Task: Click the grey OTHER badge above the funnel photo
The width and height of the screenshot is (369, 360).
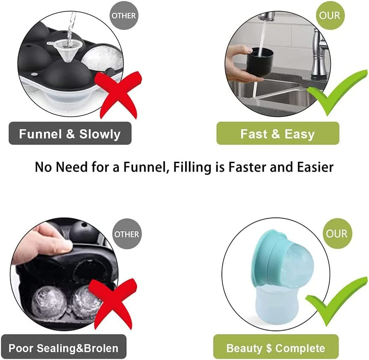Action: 124,15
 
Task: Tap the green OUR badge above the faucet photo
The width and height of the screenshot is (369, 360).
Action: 330,15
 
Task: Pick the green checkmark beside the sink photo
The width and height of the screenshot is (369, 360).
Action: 337,92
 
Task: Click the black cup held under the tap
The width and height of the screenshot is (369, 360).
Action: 260,62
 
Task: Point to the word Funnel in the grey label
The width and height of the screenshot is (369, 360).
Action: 41,134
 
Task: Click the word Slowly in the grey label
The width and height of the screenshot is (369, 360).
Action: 100,134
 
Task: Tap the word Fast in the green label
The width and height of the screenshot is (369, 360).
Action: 254,134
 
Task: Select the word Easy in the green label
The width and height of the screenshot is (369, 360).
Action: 300,135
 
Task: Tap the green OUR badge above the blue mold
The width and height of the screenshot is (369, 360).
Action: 337,233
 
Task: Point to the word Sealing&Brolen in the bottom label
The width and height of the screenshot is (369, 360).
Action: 78,348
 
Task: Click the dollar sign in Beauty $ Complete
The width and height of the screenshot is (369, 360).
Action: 269,348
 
